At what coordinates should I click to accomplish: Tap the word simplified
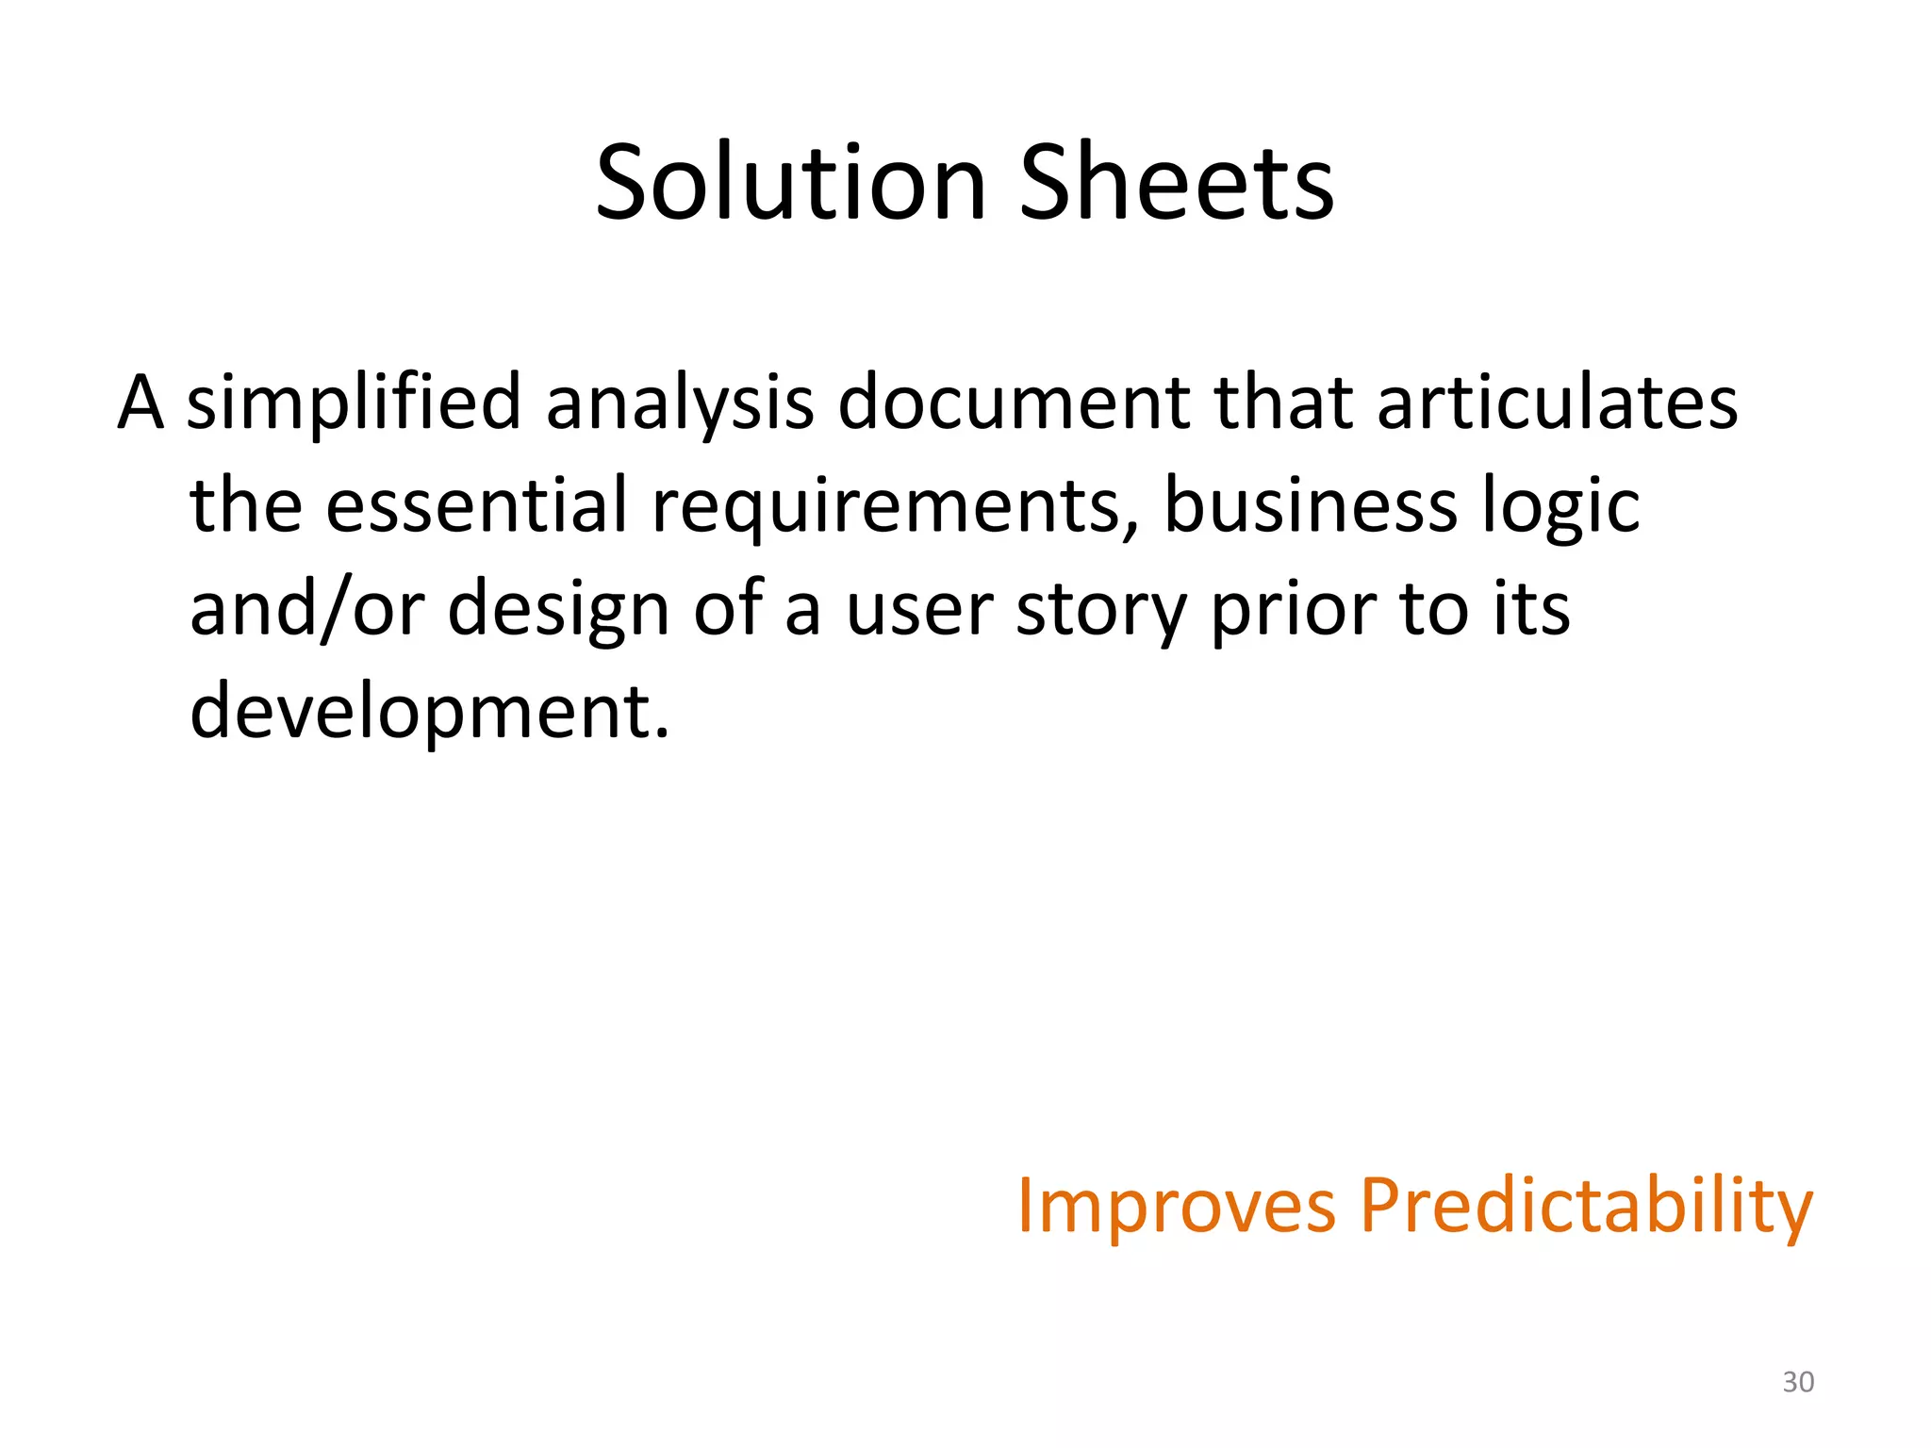(354, 403)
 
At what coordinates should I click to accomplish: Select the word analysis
(679, 403)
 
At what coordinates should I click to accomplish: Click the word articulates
(1557, 403)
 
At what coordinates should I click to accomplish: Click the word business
(1311, 505)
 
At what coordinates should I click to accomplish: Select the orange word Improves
(1177, 1206)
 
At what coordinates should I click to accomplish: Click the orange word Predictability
(1586, 1206)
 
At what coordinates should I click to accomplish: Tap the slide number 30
(1798, 1382)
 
